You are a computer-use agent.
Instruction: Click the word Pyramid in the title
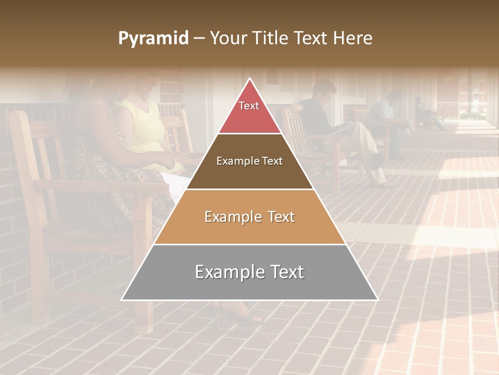[153, 39]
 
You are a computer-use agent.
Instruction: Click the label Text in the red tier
[249, 106]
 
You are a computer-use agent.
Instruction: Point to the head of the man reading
[323, 90]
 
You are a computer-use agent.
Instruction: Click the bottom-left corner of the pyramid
[122, 299]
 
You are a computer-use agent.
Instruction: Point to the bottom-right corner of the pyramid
[377, 299]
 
